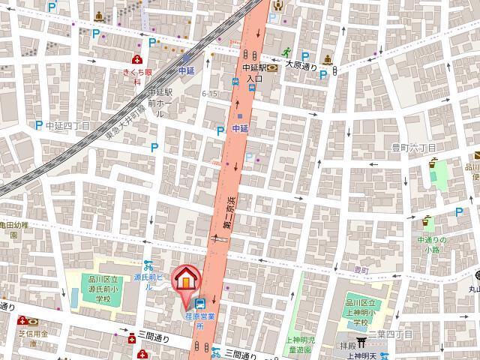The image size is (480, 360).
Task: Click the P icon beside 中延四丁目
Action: (39, 125)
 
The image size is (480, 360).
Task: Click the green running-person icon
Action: (286, 52)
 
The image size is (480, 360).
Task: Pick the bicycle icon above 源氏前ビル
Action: (148, 265)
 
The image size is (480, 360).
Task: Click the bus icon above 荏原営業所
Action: (200, 304)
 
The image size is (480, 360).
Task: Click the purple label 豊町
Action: (361, 268)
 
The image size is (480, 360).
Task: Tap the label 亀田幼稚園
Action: (13, 229)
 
